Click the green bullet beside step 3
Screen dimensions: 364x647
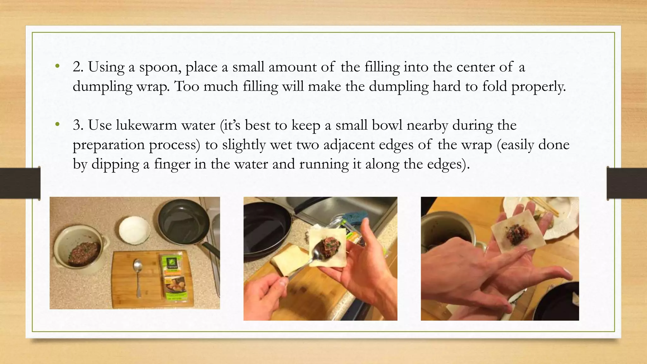coord(57,125)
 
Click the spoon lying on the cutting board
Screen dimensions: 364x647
coord(138,275)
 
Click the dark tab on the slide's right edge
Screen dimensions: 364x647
coord(627,183)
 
